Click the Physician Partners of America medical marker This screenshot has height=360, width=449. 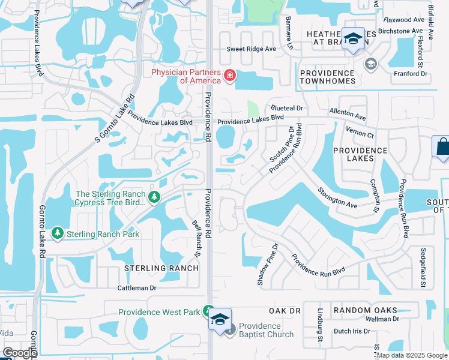click(229, 76)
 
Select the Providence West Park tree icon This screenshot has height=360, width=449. click(208, 311)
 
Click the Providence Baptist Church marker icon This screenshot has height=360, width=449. click(229, 331)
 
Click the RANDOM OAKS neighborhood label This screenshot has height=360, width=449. click(366, 310)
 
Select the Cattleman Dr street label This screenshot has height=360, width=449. click(136, 288)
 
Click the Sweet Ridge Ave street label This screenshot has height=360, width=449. click(251, 49)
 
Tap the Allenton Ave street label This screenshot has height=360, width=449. click(348, 114)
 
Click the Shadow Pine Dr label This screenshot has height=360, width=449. click(268, 264)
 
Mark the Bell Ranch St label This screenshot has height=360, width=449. click(196, 232)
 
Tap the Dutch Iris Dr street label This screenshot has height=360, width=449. click(351, 331)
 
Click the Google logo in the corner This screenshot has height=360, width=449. click(20, 353)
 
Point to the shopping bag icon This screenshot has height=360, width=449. click(442, 146)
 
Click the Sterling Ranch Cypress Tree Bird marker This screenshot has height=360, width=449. click(155, 197)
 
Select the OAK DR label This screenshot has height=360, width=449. click(285, 311)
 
